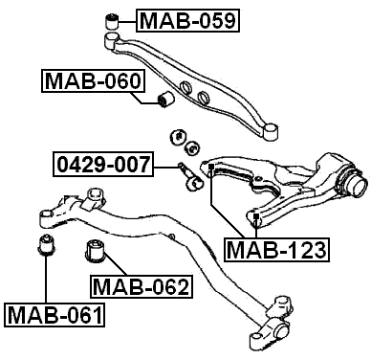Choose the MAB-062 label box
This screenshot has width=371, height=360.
point(141,285)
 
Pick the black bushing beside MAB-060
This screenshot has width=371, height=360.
point(164,100)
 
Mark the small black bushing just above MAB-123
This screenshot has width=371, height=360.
point(258,222)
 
